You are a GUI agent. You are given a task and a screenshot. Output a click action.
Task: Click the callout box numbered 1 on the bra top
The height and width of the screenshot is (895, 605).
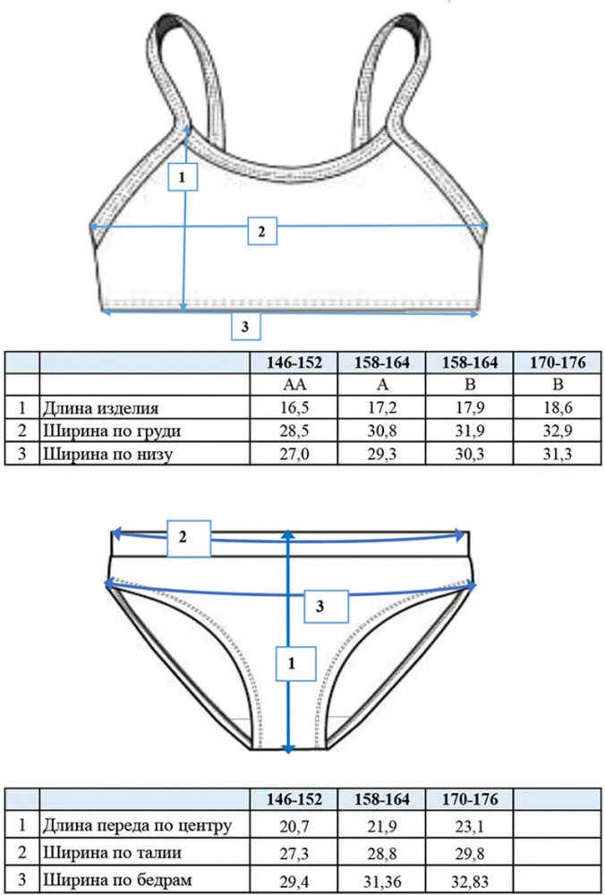(x=183, y=177)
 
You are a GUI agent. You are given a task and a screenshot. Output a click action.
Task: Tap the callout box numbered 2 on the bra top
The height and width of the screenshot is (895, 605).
(x=262, y=231)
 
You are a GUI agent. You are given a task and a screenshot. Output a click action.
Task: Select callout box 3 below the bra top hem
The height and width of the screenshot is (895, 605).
(x=246, y=327)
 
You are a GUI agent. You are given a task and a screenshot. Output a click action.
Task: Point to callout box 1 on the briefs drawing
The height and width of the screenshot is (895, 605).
(x=295, y=663)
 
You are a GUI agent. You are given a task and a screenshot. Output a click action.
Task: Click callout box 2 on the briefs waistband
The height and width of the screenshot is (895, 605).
(x=189, y=538)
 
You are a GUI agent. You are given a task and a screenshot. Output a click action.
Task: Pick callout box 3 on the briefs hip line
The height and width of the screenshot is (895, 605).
(x=326, y=607)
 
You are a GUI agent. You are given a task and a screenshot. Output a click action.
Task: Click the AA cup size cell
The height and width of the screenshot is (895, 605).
(x=294, y=385)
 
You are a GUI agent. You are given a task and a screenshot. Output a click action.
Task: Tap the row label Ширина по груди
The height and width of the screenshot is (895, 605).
(x=111, y=431)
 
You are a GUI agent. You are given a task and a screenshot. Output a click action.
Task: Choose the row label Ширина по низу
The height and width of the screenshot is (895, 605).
(x=107, y=455)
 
